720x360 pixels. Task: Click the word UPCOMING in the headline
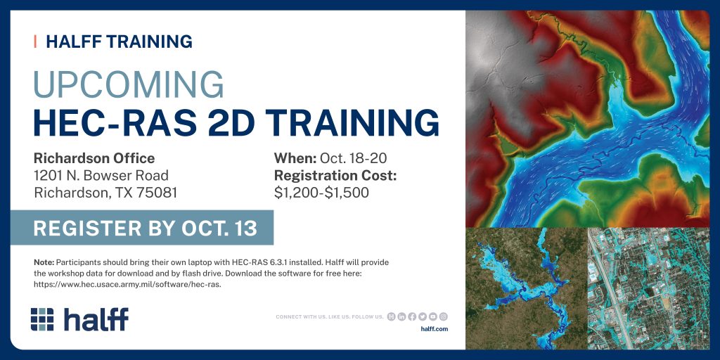(129, 84)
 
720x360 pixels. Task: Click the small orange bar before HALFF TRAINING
(35, 41)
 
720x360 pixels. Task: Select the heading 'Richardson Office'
(94, 158)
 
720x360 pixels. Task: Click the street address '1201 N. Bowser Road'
(101, 175)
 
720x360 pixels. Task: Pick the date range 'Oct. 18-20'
(353, 158)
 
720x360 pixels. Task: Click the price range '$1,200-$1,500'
(321, 193)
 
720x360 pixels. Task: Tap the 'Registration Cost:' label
(335, 175)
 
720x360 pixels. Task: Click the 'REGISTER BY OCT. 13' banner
(142, 228)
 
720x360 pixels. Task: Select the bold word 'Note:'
(44, 263)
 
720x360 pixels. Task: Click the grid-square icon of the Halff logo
(42, 319)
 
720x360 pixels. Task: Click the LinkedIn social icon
(401, 316)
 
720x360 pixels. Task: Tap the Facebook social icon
(412, 316)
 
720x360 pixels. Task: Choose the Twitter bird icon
(423, 316)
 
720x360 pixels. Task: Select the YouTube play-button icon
(432, 316)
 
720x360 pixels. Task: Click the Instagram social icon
(443, 316)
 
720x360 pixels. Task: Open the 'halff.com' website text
(434, 329)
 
